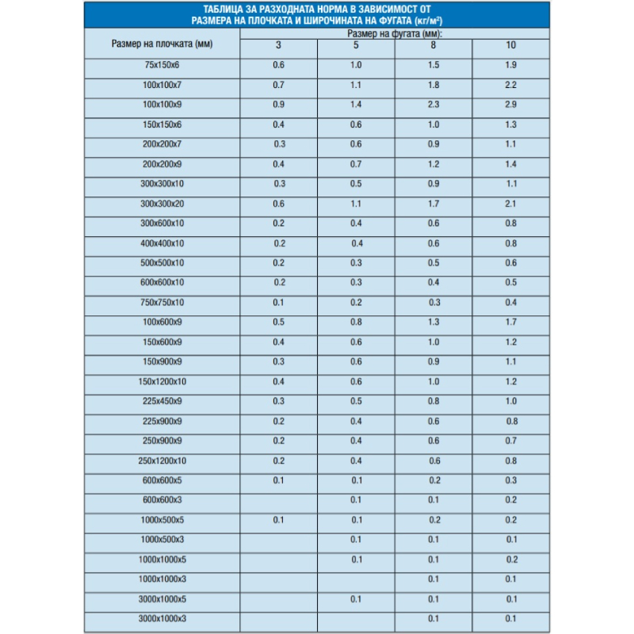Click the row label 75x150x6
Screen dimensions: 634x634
pyautogui.click(x=162, y=64)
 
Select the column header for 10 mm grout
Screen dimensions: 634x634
pyautogui.click(x=510, y=44)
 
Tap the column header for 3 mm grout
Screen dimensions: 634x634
pyautogui.click(x=278, y=44)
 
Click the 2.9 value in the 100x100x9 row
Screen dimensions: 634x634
pyautogui.click(x=510, y=104)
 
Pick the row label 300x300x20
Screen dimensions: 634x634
pyautogui.click(x=162, y=203)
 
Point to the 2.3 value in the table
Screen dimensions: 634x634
pyautogui.click(x=433, y=104)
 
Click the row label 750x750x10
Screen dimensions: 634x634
pyautogui.click(x=162, y=302)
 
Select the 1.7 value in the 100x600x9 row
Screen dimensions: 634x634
pyautogui.click(x=510, y=322)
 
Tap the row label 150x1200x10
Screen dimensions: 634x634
pyautogui.click(x=162, y=381)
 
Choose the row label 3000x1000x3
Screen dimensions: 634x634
pyautogui.click(x=162, y=618)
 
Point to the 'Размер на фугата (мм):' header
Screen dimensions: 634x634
pyautogui.click(x=394, y=34)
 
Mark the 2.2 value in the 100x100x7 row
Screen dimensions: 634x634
pyautogui.click(x=510, y=84)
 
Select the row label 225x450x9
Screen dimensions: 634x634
pyautogui.click(x=162, y=401)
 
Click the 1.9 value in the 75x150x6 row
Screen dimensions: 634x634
pyautogui.click(x=510, y=64)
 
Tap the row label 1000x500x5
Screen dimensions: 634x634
pyautogui.click(x=162, y=520)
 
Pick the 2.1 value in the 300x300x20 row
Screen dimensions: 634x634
pyautogui.click(x=510, y=203)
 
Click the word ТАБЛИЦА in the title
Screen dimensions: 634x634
pyautogui.click(x=226, y=10)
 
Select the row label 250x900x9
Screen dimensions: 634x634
pyautogui.click(x=162, y=441)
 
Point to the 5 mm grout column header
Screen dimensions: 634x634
pyautogui.click(x=356, y=44)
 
